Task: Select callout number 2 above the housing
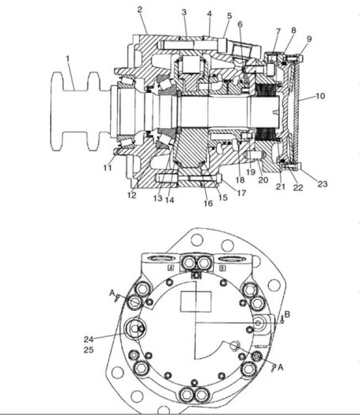coord(140,9)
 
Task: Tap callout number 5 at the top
coord(229,16)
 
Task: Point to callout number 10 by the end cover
coord(321,96)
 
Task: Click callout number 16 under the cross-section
coord(208,204)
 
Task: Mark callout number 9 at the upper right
coord(309,39)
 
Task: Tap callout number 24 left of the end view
coord(88,339)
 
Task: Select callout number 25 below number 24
coord(88,350)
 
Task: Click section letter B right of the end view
coord(287,315)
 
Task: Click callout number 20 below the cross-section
coord(263,180)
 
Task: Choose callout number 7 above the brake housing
coord(278,32)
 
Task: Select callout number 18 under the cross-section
coord(239,180)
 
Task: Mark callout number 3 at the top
coord(184,12)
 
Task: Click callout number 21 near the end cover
coord(280,187)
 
